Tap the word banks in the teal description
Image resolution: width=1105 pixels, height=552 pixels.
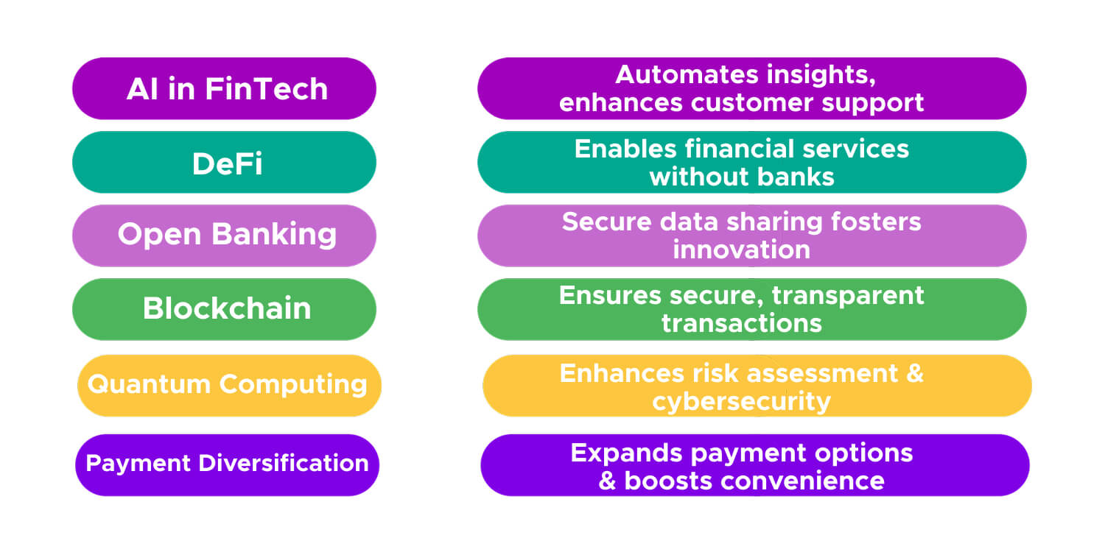coord(799,177)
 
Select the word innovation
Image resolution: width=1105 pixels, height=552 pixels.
coord(741,250)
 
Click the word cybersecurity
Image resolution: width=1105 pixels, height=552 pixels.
coord(741,402)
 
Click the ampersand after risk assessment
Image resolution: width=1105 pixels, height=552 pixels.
coord(914,372)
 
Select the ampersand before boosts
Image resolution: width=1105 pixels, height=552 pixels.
coord(608,481)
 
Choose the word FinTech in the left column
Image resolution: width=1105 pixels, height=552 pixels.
coord(266,88)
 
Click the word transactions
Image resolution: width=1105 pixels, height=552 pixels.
coord(741,323)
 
